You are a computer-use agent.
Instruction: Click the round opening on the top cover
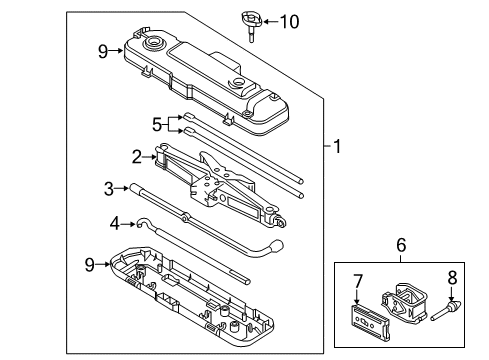coord(157,45)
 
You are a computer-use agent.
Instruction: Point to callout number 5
coord(155,124)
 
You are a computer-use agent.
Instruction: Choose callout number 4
coord(115,222)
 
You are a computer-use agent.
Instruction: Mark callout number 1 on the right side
coord(337,148)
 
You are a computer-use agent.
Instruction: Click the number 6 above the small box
coord(400,243)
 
